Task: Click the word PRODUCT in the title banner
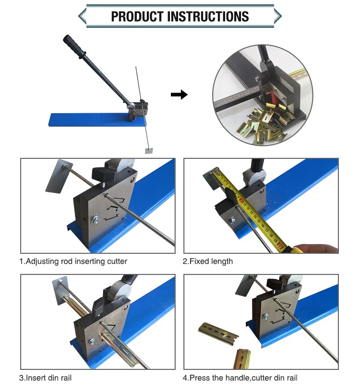click(137, 16)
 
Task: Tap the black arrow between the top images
click(179, 95)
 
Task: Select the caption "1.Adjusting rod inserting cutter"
click(73, 261)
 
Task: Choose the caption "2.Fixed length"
click(208, 261)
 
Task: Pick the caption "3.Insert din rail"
click(46, 378)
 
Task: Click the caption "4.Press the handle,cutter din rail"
click(240, 378)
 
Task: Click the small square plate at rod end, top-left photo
click(148, 151)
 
